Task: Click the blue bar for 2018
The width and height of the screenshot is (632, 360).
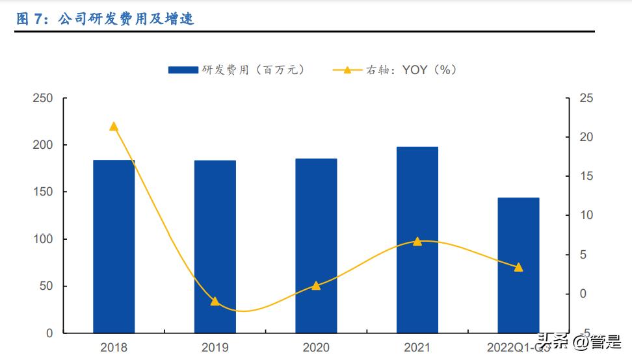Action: pyautogui.click(x=114, y=246)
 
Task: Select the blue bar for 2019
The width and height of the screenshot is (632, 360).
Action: pyautogui.click(x=215, y=247)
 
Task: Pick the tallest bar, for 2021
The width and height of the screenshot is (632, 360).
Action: pyautogui.click(x=417, y=240)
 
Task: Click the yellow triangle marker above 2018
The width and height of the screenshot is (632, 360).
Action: pyautogui.click(x=114, y=127)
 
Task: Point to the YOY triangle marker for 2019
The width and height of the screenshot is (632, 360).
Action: pyautogui.click(x=215, y=301)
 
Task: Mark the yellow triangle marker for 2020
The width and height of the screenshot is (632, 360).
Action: pyautogui.click(x=316, y=285)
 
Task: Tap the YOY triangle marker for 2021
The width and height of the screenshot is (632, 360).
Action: pyautogui.click(x=417, y=241)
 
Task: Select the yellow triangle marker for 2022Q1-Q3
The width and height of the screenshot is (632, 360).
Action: pyautogui.click(x=518, y=267)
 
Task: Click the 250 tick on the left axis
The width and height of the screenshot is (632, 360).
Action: pyautogui.click(x=43, y=98)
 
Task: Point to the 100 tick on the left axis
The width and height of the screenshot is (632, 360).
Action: pyautogui.click(x=43, y=239)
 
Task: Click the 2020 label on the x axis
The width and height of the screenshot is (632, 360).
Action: pyautogui.click(x=316, y=348)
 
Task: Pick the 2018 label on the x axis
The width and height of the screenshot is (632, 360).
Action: pyautogui.click(x=114, y=348)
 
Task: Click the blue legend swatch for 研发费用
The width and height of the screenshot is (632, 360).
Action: pyautogui.click(x=183, y=70)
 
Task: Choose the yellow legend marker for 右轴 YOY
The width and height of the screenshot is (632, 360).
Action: pyautogui.click(x=347, y=70)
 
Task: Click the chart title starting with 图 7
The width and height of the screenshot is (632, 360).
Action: pyautogui.click(x=105, y=19)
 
